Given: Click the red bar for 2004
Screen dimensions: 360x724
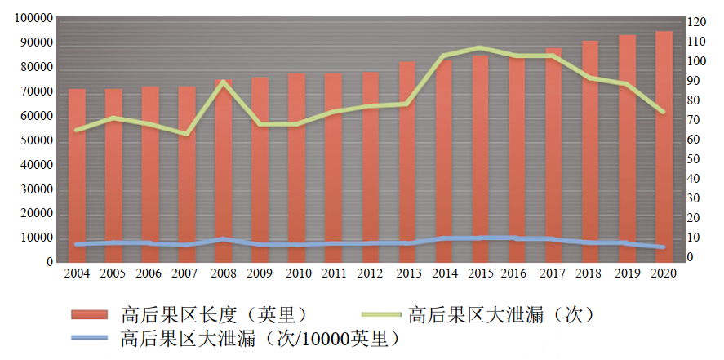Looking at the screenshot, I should pyautogui.click(x=77, y=176).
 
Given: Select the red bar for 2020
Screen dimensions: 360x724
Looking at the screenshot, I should pyautogui.click(x=664, y=147).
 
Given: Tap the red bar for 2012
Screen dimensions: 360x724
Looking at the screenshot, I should pyautogui.click(x=370, y=167).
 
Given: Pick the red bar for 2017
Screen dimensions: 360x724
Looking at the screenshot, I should pyautogui.click(x=553, y=155).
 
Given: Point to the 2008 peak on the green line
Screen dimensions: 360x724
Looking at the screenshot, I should pyautogui.click(x=223, y=82).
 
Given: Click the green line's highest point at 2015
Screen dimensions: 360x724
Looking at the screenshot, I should pyautogui.click(x=480, y=48).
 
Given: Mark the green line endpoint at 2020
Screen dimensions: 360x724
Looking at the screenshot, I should pyautogui.click(x=663, y=112).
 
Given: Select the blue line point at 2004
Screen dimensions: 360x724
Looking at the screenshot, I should pyautogui.click(x=77, y=244).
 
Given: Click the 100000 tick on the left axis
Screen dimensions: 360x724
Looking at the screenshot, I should pyautogui.click(x=33, y=18).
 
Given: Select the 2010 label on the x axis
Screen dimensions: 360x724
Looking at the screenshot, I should pyautogui.click(x=298, y=273).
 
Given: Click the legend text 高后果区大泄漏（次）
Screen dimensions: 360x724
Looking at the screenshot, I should pyautogui.click(x=500, y=314).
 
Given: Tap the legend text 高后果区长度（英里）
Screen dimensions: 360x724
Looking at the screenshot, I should pyautogui.click(x=213, y=314).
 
